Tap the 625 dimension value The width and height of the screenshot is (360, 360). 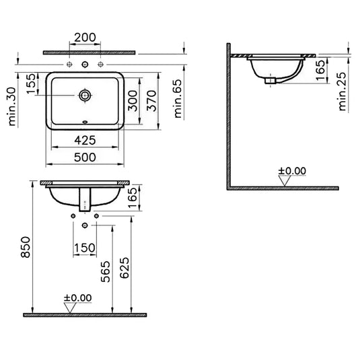[x=125, y=267]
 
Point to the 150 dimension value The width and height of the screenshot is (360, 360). [x=84, y=248]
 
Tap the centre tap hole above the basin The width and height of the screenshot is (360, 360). [x=84, y=65]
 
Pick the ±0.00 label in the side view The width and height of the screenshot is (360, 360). [x=291, y=171]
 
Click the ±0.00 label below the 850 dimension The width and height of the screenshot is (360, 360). [x=77, y=297]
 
